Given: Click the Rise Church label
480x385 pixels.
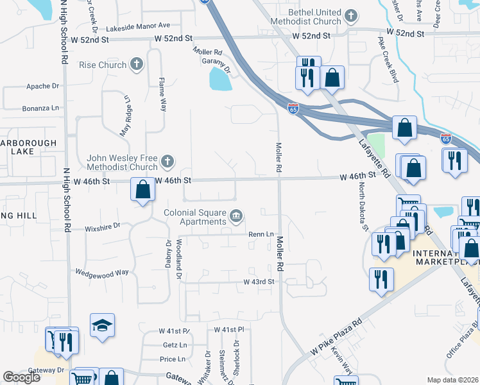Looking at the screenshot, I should coord(102,65).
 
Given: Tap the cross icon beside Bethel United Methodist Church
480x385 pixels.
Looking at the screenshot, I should coord(350,15).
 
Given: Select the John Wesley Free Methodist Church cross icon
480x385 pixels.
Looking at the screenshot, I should coord(167,161).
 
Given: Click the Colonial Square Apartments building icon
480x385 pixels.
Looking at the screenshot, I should coord(236,216).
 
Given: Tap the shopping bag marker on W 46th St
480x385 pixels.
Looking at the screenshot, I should coord(142,190).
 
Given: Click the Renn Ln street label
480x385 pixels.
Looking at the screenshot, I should coord(262,234).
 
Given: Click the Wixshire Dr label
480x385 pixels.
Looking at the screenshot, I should coord(102,227).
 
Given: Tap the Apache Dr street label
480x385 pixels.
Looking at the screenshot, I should coord(42,86).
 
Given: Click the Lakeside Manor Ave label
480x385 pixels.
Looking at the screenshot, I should coord(138,26).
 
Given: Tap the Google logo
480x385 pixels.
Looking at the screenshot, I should coord(21,377).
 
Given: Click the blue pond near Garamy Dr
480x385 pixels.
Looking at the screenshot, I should coord(220,80).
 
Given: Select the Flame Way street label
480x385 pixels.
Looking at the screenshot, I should coord(162,92).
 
